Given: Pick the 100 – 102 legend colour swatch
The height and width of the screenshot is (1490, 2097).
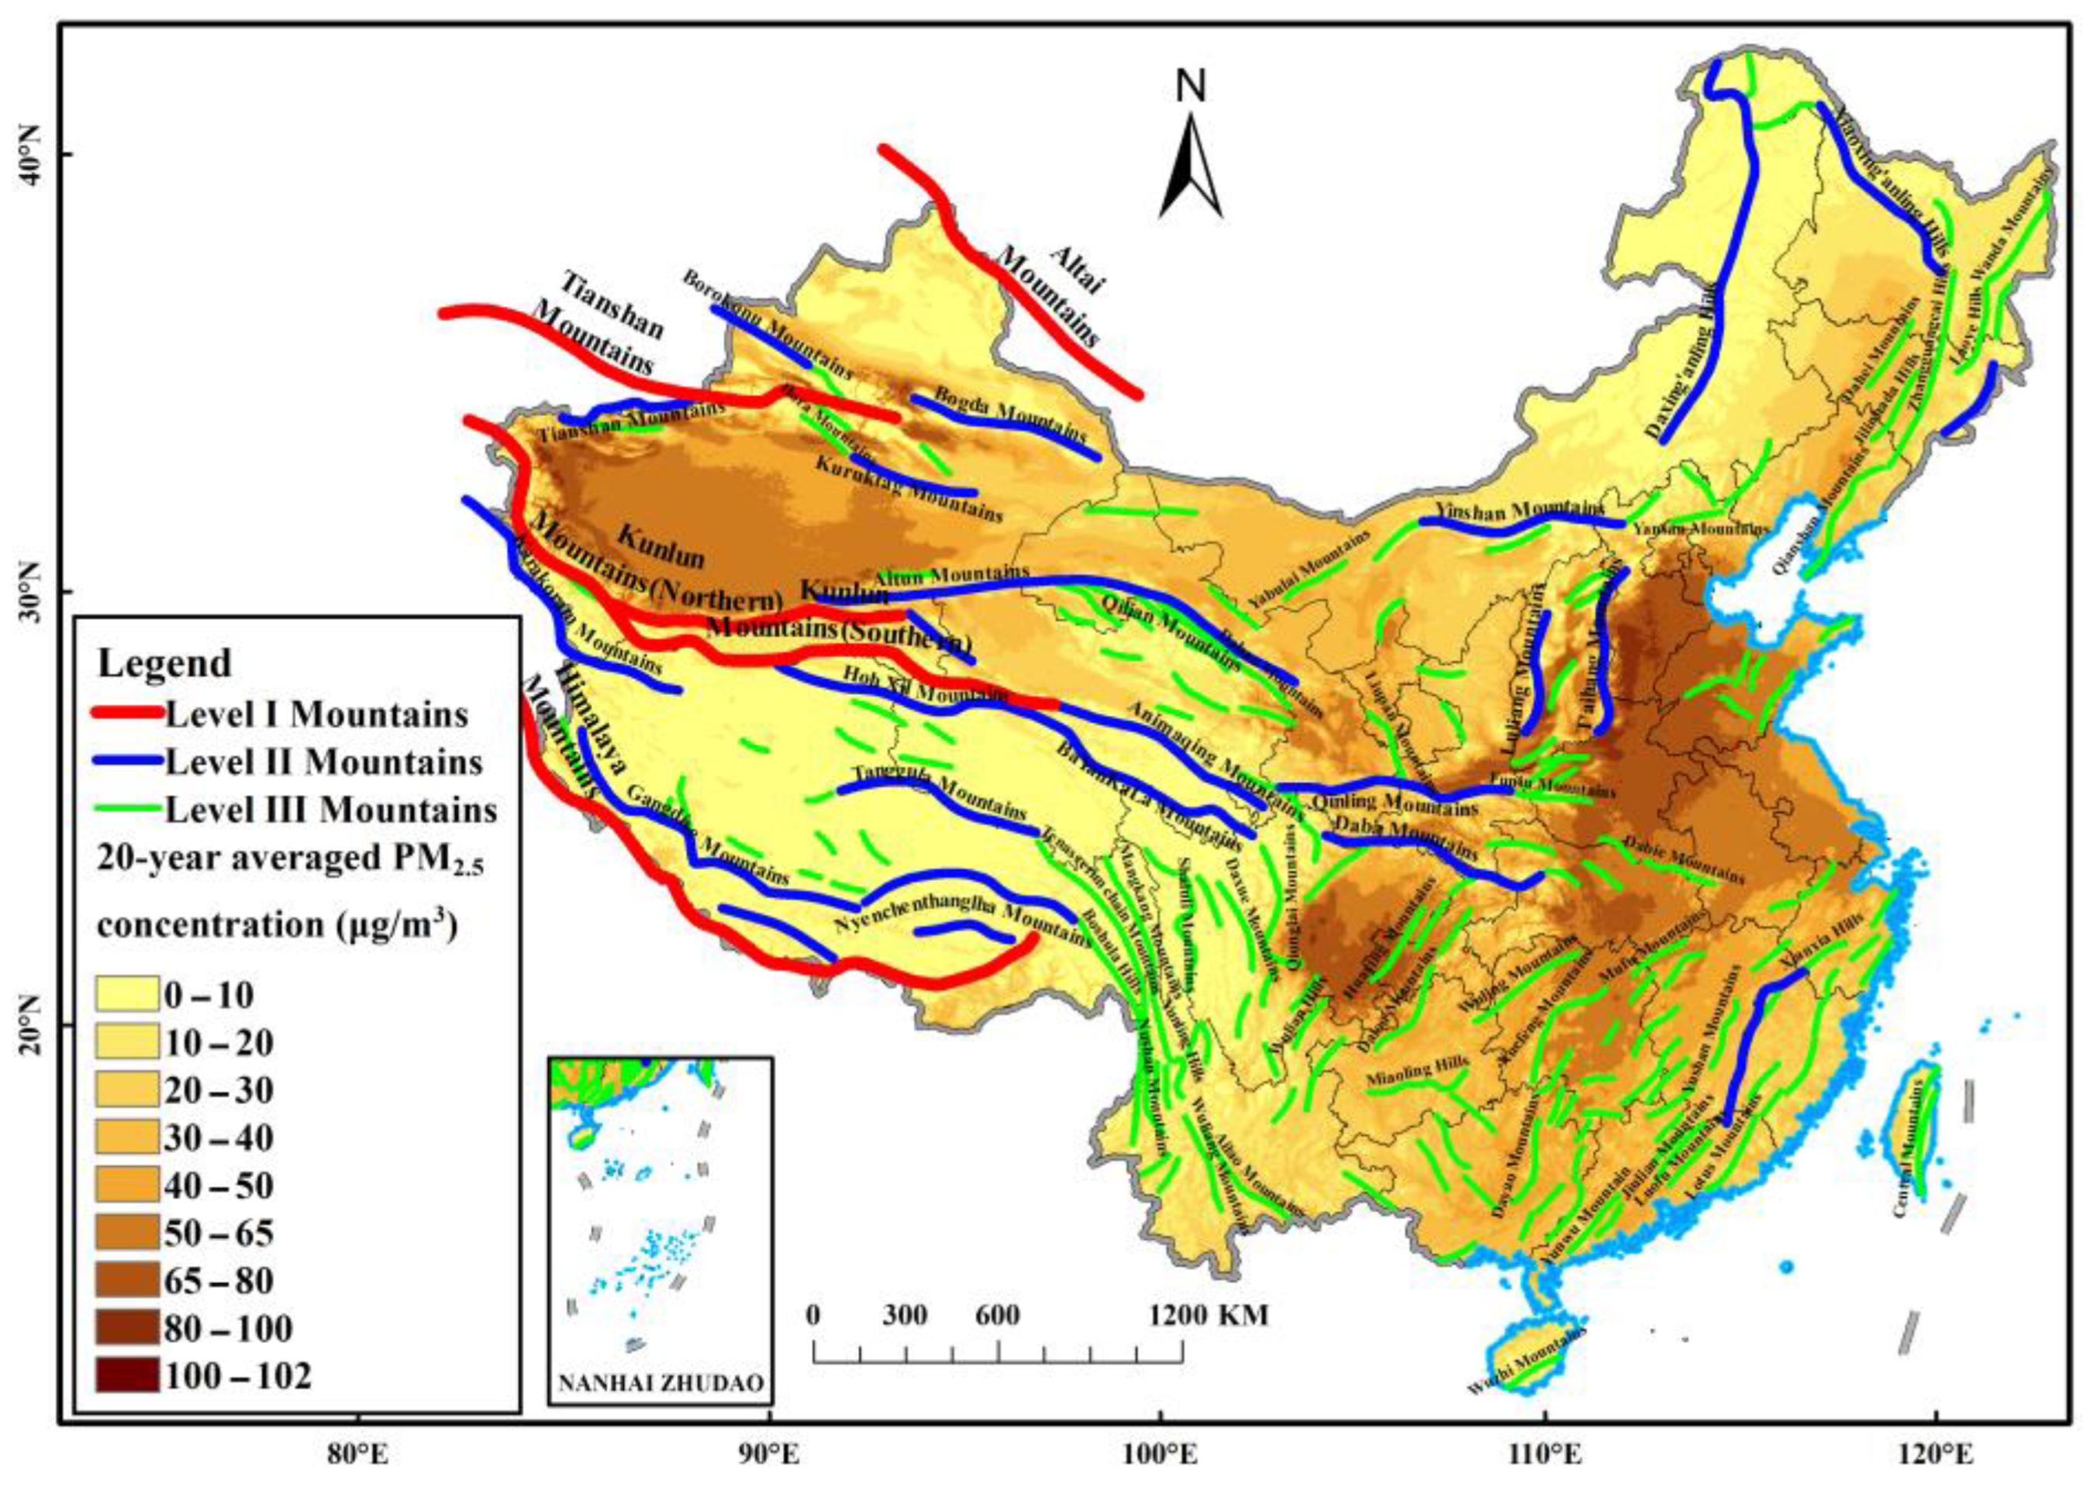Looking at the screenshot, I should [x=126, y=1375].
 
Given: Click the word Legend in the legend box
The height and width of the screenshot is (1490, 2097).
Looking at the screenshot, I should [x=165, y=662].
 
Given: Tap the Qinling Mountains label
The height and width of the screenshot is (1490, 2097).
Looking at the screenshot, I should [x=1394, y=803].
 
